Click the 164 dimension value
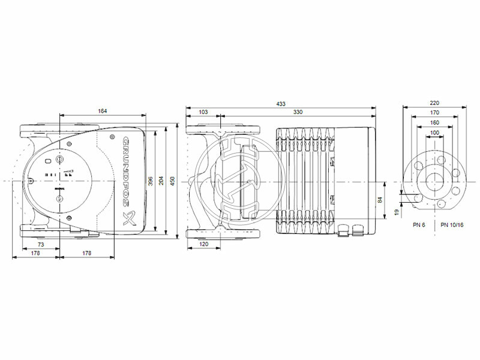click(x=103, y=110)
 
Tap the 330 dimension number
click(x=298, y=112)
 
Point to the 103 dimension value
click(x=203, y=112)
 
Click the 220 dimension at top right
click(x=435, y=103)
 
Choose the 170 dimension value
click(x=435, y=112)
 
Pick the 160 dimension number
click(x=435, y=122)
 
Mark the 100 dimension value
click(x=435, y=132)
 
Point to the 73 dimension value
click(x=41, y=245)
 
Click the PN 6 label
click(x=419, y=224)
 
